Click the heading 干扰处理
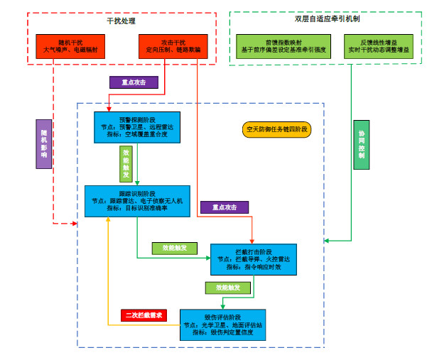pyautogui.click(x=121, y=21)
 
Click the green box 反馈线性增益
pyautogui.click(x=379, y=46)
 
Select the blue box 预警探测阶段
pyautogui.click(x=136, y=126)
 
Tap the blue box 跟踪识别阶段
pyautogui.click(x=137, y=201)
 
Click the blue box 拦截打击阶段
pyautogui.click(x=254, y=260)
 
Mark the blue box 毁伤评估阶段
pyautogui.click(x=222, y=324)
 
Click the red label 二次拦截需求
pyautogui.click(x=144, y=315)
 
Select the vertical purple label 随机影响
pyautogui.click(x=44, y=143)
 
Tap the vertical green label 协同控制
pyautogui.click(x=362, y=144)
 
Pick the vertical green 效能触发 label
pyautogui.click(x=126, y=164)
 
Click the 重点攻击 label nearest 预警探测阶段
pyautogui.click(x=134, y=82)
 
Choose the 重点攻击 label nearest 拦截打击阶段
pyautogui.click(x=225, y=207)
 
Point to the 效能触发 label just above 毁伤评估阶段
pyautogui.click(x=227, y=288)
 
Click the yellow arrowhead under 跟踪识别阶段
pyautogui.click(x=108, y=221)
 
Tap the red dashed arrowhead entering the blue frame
pyautogui.click(x=74, y=224)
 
